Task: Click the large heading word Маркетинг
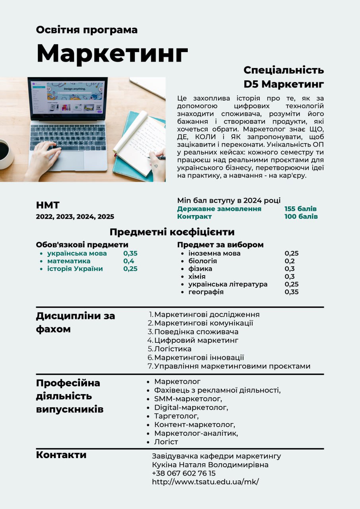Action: click(x=112, y=53)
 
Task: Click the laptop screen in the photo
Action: click(x=67, y=97)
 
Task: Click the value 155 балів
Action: click(x=300, y=209)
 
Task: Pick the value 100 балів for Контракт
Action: click(x=301, y=217)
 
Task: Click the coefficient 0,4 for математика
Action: click(x=128, y=261)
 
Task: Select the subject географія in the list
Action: click(x=206, y=292)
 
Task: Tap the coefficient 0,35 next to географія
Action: click(x=291, y=292)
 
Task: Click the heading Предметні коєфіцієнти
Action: click(x=172, y=232)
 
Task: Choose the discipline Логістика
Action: click(x=173, y=349)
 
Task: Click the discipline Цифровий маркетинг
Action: click(x=196, y=340)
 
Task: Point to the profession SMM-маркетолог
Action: click(x=188, y=399)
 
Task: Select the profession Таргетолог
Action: click(x=176, y=416)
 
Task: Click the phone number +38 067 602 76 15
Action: click(x=183, y=473)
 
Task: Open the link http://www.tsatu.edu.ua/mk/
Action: click(x=205, y=482)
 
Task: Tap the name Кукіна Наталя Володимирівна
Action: click(x=210, y=464)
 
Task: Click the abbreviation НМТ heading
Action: click(x=48, y=206)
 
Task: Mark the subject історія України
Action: click(x=75, y=269)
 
